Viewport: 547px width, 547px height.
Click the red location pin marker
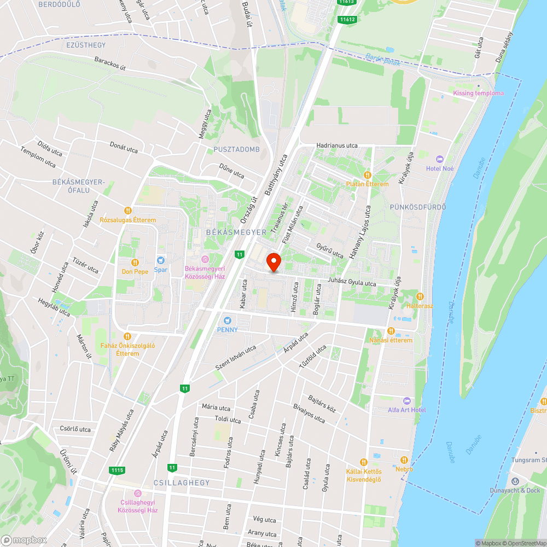click(x=273, y=262)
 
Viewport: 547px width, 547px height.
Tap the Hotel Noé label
click(x=440, y=168)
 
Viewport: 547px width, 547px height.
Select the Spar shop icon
click(x=160, y=261)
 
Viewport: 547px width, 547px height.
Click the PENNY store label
click(x=227, y=329)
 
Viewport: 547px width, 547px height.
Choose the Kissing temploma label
click(x=478, y=93)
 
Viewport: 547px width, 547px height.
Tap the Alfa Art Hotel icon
click(x=406, y=401)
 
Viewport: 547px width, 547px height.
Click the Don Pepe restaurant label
click(x=135, y=271)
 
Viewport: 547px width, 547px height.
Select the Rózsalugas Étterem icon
click(x=127, y=210)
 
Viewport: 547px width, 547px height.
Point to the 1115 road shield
click(x=117, y=470)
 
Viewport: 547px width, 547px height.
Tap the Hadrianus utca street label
click(x=336, y=146)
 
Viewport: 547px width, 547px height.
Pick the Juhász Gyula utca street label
click(x=352, y=283)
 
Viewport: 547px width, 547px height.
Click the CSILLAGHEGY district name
click(x=182, y=483)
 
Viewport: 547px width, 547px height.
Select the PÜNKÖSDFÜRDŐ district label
click(x=418, y=207)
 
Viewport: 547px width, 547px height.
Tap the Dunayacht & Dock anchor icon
click(x=514, y=481)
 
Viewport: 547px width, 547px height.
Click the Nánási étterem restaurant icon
click(x=391, y=331)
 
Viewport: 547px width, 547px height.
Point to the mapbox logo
click(x=25, y=539)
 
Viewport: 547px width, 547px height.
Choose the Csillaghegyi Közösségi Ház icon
click(x=137, y=493)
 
